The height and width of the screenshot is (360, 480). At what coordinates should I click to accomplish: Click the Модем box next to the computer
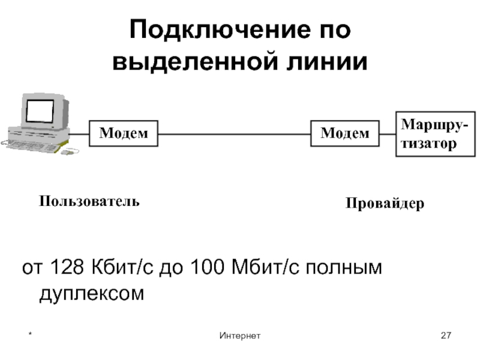tap(124, 133)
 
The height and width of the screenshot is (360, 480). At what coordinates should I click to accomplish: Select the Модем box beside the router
tap(345, 133)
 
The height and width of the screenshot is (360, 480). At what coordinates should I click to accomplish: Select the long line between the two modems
tap(234, 133)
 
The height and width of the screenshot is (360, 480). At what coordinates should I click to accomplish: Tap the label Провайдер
tap(385, 204)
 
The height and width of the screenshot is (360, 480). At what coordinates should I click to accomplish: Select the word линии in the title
tap(330, 61)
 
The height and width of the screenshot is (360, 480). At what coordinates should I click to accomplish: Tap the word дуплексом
tap(92, 294)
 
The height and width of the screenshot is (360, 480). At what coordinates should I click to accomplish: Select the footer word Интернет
tap(239, 335)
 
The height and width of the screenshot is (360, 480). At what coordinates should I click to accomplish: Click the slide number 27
tap(445, 335)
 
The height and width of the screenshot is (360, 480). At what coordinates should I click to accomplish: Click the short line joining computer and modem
tap(79, 133)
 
